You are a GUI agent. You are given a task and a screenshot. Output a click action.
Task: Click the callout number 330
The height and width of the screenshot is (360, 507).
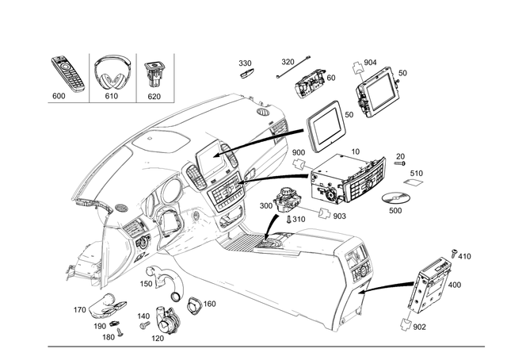[245, 63]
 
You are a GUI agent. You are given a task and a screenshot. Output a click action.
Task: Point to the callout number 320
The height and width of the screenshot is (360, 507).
[288, 61]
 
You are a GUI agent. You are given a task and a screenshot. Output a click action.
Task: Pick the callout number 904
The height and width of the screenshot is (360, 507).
[370, 62]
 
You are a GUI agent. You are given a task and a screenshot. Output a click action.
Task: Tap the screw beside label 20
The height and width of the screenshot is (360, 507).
[391, 163]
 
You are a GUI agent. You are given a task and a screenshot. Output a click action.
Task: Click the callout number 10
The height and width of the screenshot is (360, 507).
[354, 151]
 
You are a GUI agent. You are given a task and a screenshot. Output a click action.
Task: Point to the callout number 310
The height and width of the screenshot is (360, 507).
[299, 219]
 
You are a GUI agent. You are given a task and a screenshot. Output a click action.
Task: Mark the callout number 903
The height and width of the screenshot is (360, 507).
[339, 216]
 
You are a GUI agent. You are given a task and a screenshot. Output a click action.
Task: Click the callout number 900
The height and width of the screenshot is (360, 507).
[299, 152]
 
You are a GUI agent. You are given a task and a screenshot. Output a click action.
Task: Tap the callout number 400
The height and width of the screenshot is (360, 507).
[453, 284]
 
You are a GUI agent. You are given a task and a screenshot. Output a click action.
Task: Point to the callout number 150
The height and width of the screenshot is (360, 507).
[147, 283]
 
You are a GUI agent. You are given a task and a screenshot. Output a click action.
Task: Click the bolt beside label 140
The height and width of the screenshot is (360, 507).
[144, 325]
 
